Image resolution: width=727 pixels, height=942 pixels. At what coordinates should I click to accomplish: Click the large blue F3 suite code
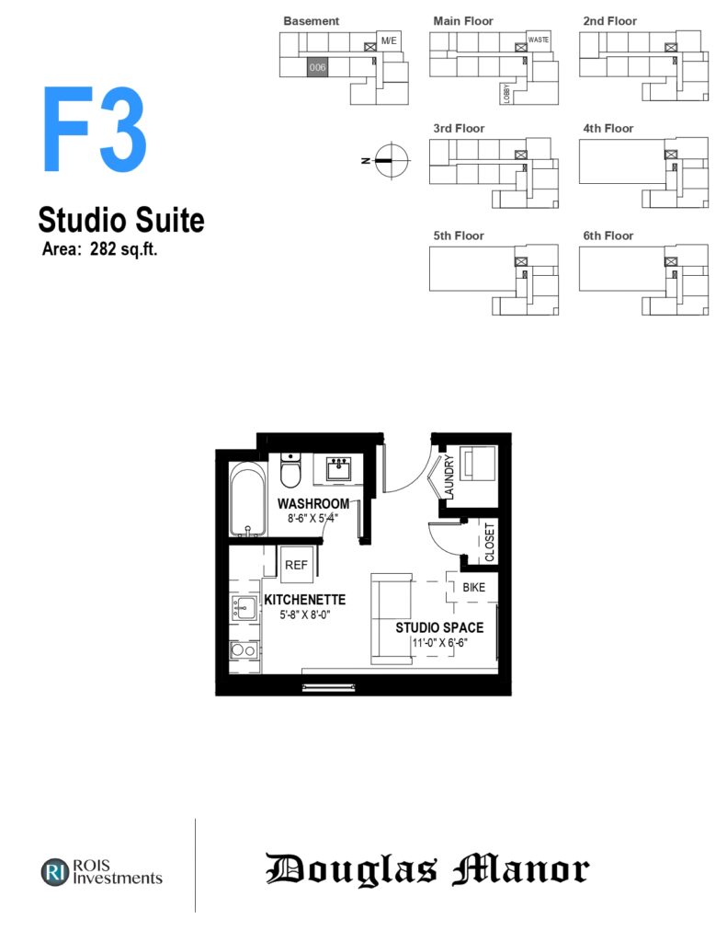click(95, 129)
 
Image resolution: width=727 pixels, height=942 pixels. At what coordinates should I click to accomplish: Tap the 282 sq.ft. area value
click(124, 248)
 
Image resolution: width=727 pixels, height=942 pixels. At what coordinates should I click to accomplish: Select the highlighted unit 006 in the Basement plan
click(318, 67)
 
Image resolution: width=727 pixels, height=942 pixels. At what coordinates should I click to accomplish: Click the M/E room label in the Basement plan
click(389, 40)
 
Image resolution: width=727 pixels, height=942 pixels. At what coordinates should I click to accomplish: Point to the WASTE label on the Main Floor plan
click(539, 40)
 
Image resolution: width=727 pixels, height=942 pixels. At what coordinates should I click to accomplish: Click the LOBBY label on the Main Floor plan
click(507, 94)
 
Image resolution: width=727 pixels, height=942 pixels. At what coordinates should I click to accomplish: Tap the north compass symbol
click(392, 160)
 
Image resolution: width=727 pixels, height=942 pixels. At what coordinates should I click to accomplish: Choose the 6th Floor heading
click(608, 235)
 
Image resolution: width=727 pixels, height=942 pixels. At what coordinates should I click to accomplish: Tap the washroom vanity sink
click(338, 468)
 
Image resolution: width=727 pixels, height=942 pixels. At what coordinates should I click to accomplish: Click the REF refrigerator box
click(296, 564)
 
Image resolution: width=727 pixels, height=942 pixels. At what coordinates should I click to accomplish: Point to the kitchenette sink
click(244, 608)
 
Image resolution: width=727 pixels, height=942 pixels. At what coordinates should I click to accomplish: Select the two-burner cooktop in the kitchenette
click(244, 649)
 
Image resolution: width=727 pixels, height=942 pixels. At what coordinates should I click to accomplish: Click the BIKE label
click(473, 588)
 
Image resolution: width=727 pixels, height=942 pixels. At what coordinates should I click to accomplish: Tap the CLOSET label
click(489, 542)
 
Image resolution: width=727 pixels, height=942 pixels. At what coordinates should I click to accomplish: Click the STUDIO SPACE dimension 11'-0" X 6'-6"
click(439, 643)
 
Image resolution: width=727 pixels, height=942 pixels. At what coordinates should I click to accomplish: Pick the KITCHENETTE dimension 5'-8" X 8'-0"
click(304, 615)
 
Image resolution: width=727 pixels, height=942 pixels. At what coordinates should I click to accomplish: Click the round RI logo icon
click(55, 872)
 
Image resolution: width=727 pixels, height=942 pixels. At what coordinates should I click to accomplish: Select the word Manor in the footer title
click(520, 869)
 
